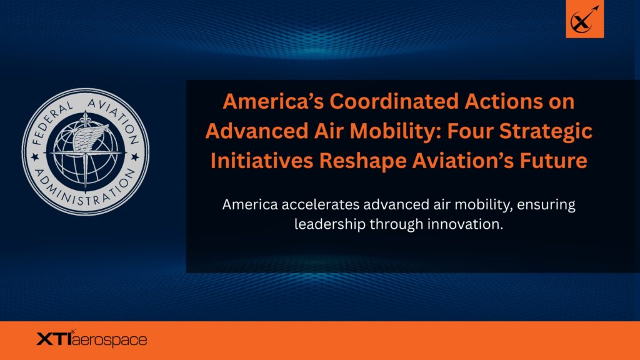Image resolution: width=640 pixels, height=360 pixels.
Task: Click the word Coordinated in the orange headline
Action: click(394, 101)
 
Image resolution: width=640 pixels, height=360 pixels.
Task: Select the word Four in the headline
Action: click(470, 131)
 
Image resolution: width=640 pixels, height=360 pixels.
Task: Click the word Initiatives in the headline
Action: click(261, 161)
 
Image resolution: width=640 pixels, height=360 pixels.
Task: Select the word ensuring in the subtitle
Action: click(546, 205)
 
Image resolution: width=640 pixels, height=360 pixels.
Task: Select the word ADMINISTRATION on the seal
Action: click(85, 192)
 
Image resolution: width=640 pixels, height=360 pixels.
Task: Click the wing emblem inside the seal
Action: click(90, 136)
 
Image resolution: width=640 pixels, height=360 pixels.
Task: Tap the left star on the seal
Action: click(35, 157)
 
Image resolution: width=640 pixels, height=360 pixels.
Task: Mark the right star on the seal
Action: click(135, 157)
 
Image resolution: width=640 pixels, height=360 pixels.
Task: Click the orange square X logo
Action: click(584, 19)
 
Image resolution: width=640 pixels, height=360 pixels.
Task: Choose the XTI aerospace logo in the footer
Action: click(92, 339)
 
